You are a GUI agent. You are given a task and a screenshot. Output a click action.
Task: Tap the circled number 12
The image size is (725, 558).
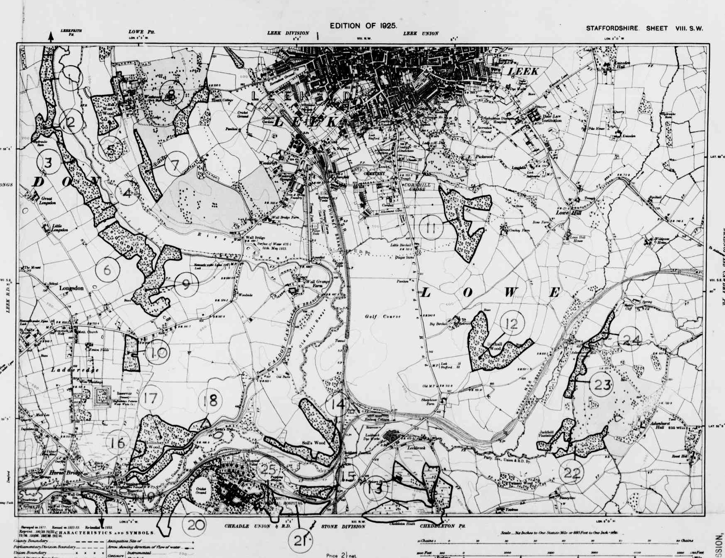pos(512,323)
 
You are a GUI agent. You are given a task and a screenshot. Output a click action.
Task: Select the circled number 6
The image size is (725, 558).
pos(107,270)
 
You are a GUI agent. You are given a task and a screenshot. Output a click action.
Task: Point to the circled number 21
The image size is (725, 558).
pos(300,541)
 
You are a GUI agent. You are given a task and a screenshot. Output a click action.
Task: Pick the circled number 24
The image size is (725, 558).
pos(631,340)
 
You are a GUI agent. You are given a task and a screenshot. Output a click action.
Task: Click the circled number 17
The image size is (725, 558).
pos(150,399)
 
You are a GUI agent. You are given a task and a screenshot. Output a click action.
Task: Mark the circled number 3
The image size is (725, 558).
pos(48,162)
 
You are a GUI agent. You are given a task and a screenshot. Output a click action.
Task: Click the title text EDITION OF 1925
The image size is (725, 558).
pos(363,26)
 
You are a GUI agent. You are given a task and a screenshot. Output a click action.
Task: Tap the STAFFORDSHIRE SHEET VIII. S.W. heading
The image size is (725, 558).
pos(644,29)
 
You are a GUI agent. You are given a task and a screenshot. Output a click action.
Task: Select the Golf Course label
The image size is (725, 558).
pos(383,317)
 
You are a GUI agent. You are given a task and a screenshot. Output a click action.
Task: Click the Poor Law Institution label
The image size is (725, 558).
pos(552,119)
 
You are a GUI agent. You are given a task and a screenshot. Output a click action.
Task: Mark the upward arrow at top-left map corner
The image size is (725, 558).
pos(51,37)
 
